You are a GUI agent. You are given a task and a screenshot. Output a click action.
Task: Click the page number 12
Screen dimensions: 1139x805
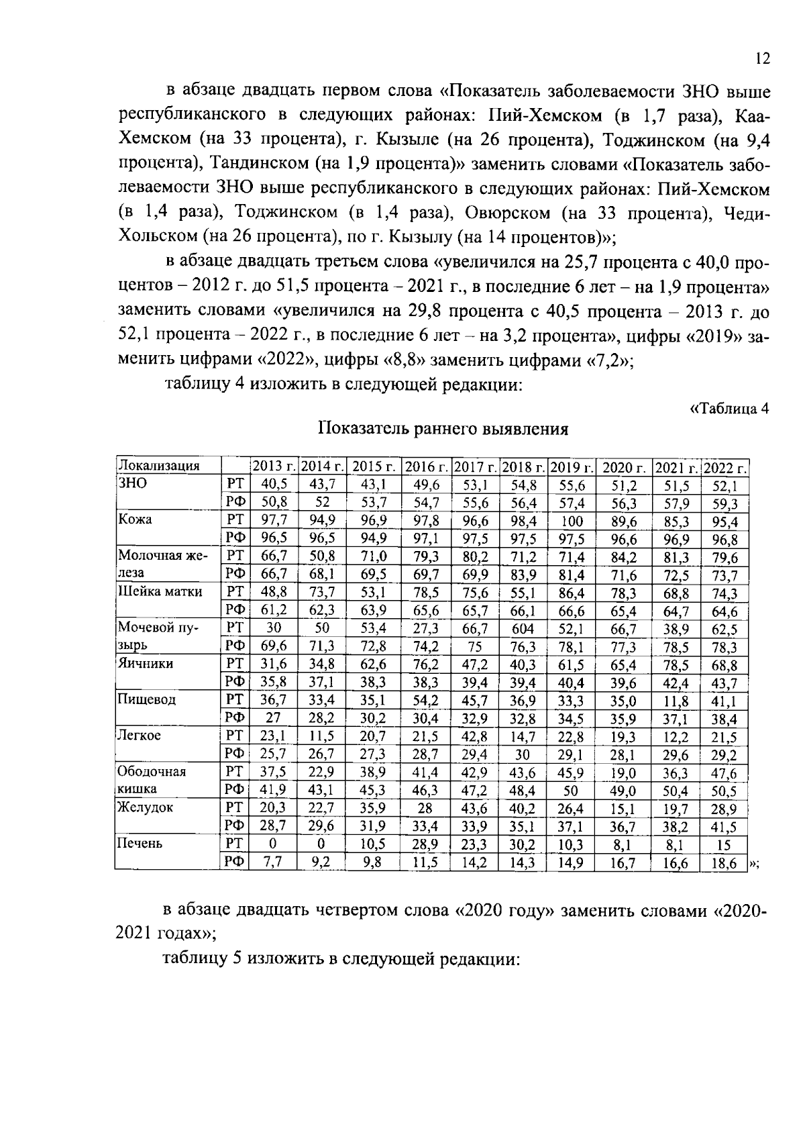pos(761,58)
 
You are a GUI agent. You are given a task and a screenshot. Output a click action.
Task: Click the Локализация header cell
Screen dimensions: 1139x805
pos(160,466)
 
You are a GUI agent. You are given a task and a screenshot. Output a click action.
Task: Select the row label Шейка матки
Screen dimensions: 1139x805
pos(160,592)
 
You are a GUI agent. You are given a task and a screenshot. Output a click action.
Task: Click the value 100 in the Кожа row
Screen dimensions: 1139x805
pos(571,522)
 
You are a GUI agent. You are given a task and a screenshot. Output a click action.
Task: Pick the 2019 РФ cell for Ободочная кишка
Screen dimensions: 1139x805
pos(571,791)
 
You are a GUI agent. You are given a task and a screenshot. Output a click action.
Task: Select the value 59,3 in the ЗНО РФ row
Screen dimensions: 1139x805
pos(724,503)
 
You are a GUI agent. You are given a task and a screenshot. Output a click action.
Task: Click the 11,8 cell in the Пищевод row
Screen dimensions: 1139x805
pos(676,701)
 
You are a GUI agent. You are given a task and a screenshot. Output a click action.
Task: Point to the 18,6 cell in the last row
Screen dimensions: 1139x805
pos(724,863)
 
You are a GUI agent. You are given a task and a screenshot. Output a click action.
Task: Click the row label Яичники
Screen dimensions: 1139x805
pos(146,664)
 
